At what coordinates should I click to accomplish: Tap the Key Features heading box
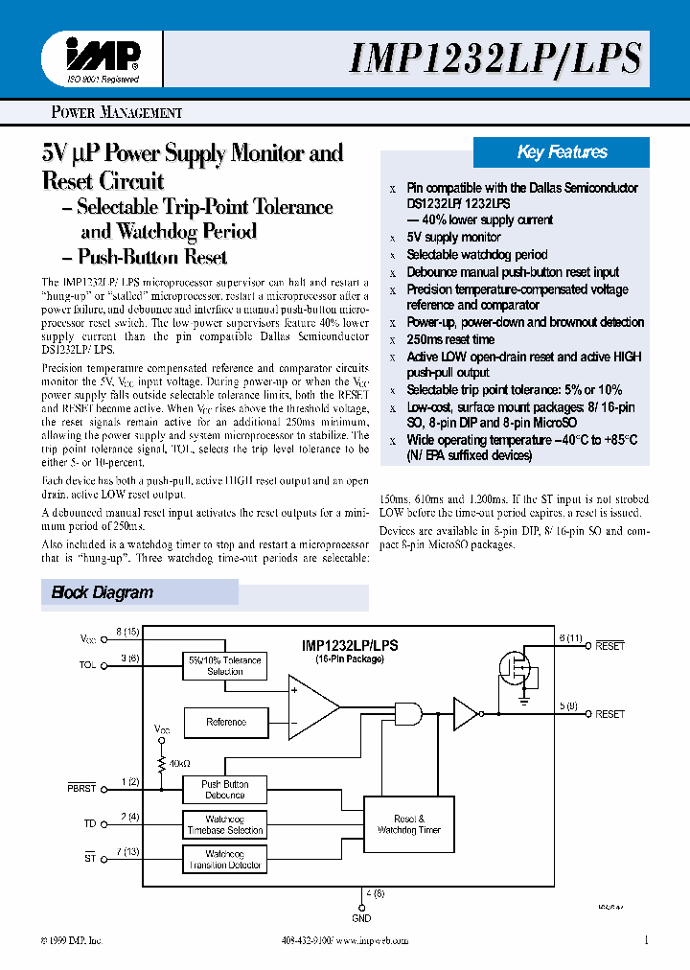(562, 152)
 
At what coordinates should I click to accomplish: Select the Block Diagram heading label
(102, 592)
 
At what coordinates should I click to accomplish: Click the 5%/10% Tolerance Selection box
(225, 665)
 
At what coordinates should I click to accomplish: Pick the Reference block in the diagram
(225, 722)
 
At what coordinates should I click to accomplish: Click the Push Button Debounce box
(224, 790)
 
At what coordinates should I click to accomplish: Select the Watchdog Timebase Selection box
(224, 825)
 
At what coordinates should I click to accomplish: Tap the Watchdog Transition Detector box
(224, 859)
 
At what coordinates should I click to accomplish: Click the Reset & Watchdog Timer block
(409, 824)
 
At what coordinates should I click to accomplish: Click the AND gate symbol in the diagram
(409, 713)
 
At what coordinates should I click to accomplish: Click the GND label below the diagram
(362, 918)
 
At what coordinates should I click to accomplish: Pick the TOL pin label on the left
(88, 662)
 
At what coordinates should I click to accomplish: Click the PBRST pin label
(83, 789)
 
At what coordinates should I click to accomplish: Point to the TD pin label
(90, 823)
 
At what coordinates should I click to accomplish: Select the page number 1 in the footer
(647, 941)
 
